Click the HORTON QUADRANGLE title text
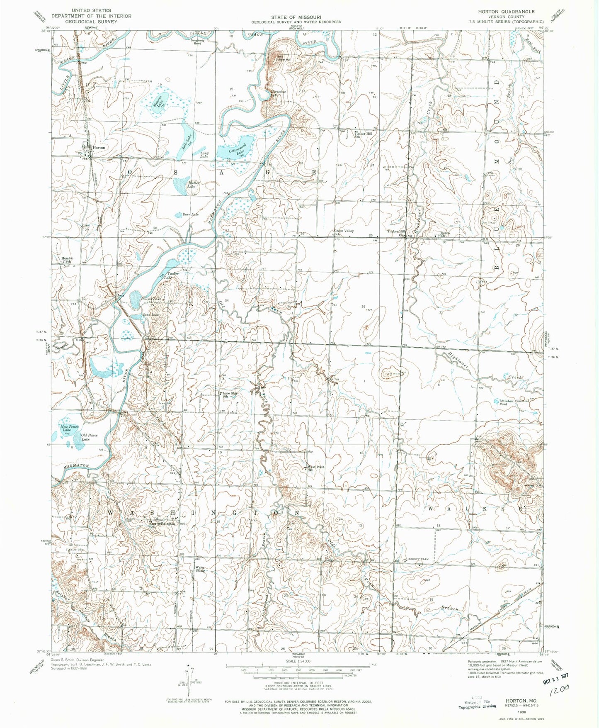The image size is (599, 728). [x=512, y=12]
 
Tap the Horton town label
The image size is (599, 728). [x=99, y=148]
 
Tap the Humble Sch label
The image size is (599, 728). [x=67, y=260]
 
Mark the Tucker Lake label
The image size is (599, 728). [x=173, y=275]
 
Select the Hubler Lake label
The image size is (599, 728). [x=193, y=185]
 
